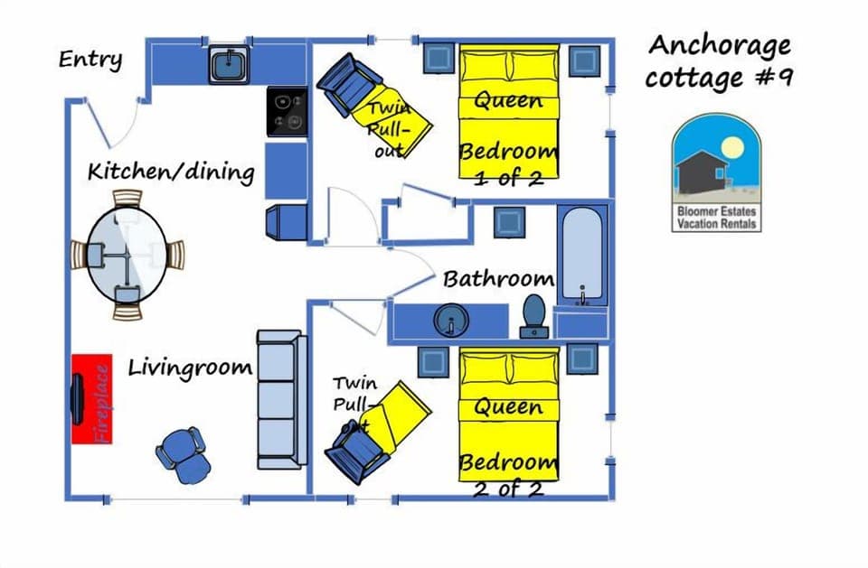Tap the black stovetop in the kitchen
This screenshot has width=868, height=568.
point(288,112)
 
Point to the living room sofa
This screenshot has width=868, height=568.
point(280,399)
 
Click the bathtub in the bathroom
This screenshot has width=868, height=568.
point(582,256)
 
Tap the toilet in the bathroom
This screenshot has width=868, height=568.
point(534,315)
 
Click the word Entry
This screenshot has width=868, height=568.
point(90,61)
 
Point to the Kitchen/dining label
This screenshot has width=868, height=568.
point(170,171)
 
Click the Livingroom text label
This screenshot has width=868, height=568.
point(189,368)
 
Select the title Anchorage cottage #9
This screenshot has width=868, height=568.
point(719,61)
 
